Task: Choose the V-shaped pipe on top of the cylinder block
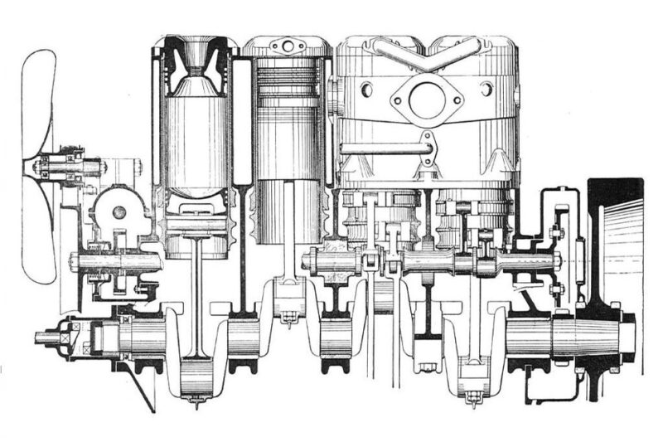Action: tap(427, 51)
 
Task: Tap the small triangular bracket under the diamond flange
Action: tap(427, 149)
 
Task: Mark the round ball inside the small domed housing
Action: tap(119, 213)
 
